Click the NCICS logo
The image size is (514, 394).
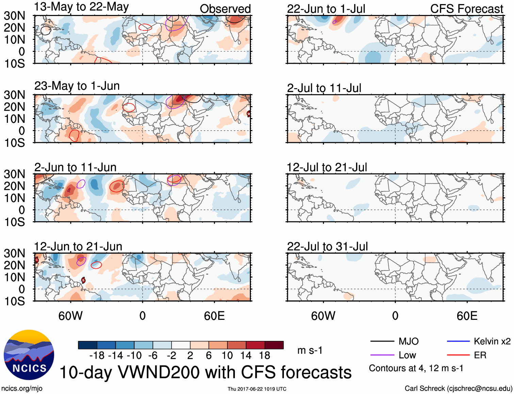click(x=29, y=355)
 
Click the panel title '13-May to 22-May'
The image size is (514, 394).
click(x=81, y=7)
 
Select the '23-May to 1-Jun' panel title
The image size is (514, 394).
click(x=77, y=86)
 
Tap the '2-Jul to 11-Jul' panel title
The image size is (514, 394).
click(x=324, y=88)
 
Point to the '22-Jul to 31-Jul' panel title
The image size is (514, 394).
click(x=327, y=247)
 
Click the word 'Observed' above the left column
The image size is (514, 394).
click(x=225, y=9)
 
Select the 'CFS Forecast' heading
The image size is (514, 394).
click(x=466, y=9)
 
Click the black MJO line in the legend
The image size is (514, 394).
click(x=382, y=341)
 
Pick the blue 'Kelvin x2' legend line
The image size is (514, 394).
click(x=458, y=341)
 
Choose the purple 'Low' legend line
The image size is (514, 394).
click(x=382, y=355)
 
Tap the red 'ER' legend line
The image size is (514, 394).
click(x=458, y=355)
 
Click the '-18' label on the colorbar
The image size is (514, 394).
click(x=97, y=356)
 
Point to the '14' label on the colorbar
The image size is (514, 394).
click(x=246, y=356)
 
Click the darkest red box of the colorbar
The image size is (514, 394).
click(x=274, y=345)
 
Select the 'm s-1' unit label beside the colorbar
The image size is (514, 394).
click(x=310, y=350)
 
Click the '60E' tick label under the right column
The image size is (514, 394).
click(x=467, y=316)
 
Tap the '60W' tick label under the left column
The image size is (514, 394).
click(x=70, y=316)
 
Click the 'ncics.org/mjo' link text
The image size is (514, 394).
click(x=22, y=389)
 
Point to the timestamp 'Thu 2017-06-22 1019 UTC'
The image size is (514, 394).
click(x=257, y=389)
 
